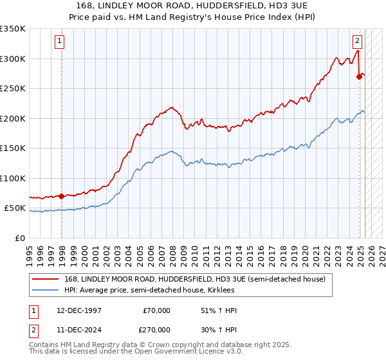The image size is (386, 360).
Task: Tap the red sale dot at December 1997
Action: [x=61, y=196]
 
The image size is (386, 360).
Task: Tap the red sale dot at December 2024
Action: [x=359, y=76]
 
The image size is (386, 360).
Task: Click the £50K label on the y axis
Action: [x=15, y=208]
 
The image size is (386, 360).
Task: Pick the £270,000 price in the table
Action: [x=156, y=329]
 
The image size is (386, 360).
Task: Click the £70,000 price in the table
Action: [x=156, y=311]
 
